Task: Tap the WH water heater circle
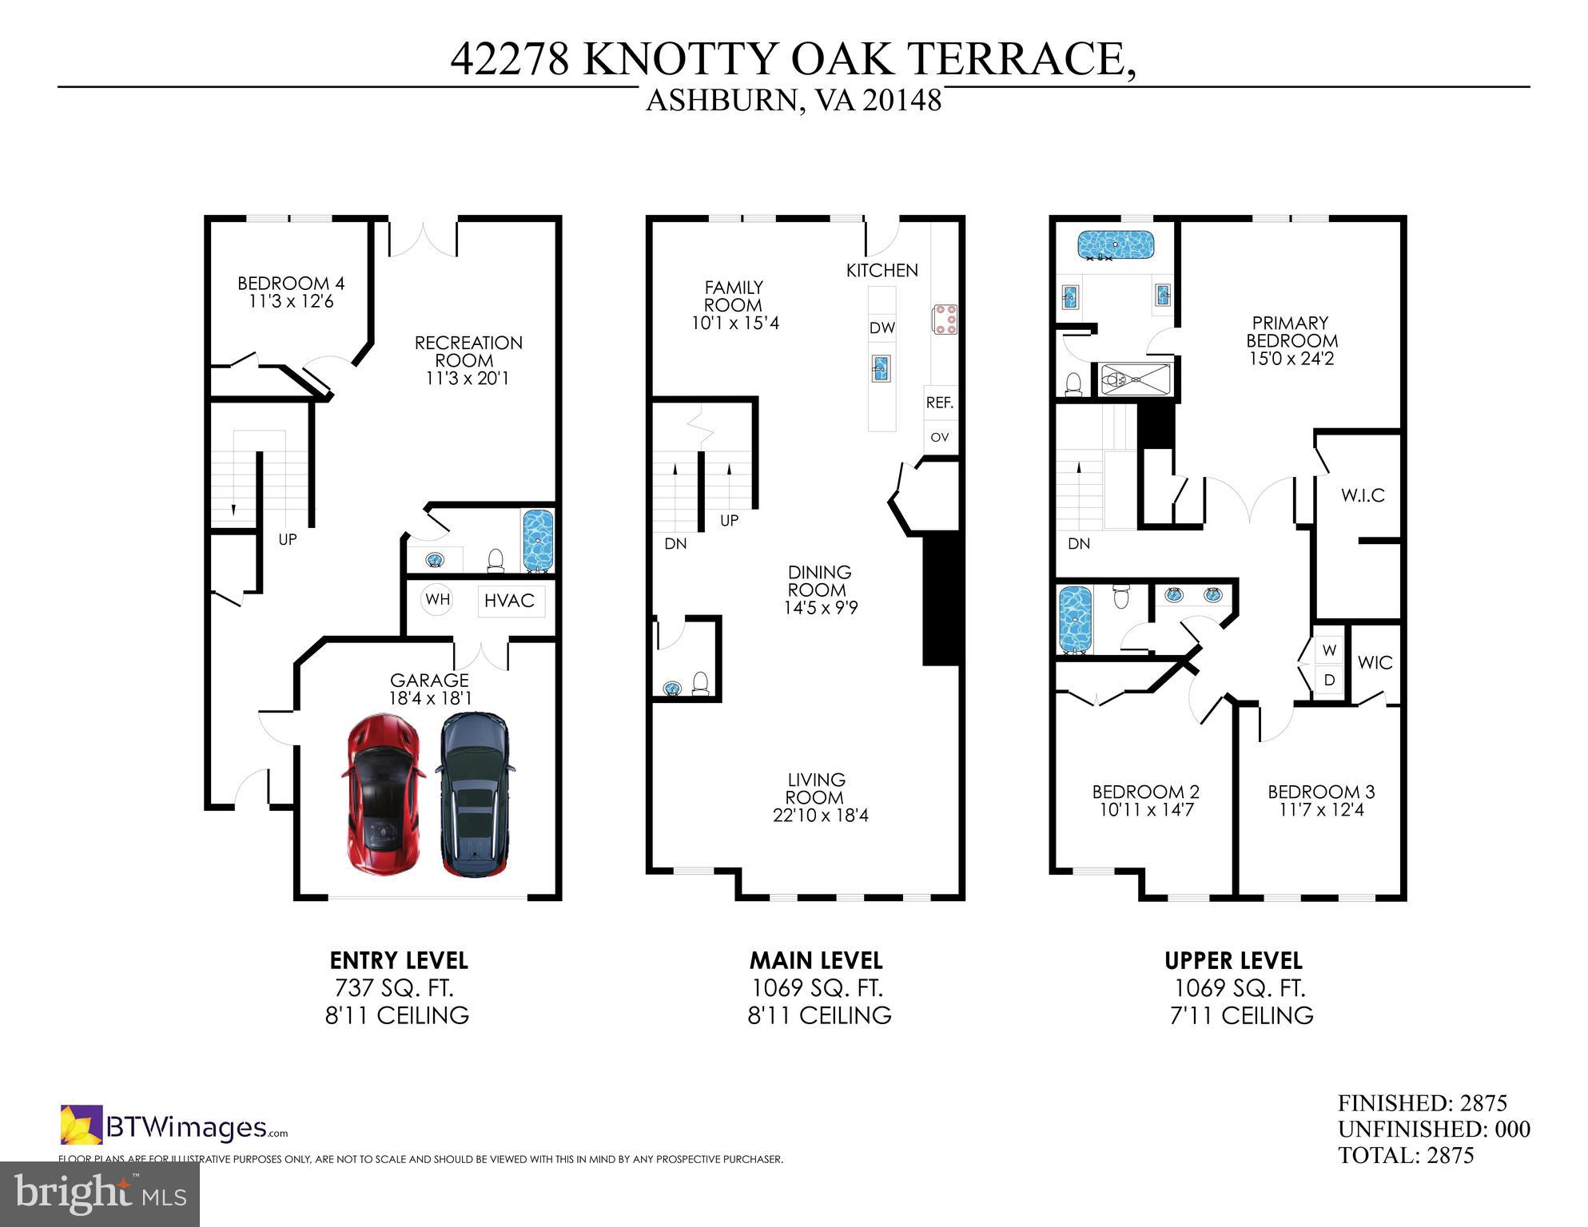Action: pos(436,599)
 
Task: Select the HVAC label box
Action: pos(510,600)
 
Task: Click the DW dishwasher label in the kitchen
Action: pos(882,328)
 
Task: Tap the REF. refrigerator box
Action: pos(940,403)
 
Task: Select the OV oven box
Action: pos(940,437)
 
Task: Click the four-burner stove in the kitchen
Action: pos(944,319)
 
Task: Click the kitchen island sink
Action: pos(882,369)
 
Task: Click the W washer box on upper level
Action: pos(1329,650)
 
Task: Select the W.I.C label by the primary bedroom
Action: pos(1363,495)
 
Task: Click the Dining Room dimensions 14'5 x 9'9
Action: pos(821,608)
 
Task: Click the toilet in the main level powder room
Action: pos(700,683)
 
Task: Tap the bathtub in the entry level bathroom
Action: pos(538,541)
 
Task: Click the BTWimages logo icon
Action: pos(81,1125)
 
